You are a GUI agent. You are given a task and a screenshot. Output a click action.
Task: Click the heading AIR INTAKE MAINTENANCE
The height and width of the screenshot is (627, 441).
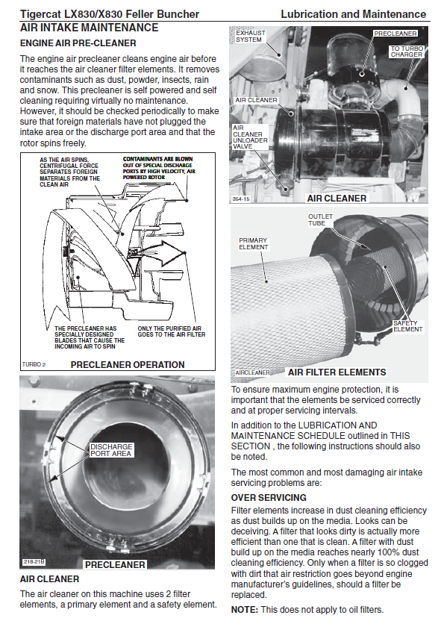[x=89, y=28]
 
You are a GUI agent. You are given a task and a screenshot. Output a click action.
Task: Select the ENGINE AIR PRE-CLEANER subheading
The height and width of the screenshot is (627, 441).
[x=78, y=43]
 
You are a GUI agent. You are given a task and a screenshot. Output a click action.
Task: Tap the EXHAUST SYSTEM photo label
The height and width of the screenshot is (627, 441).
[x=250, y=36]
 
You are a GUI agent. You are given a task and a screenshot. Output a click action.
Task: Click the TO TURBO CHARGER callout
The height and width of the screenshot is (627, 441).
[x=407, y=52]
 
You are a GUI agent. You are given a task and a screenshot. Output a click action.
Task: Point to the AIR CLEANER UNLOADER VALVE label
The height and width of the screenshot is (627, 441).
[x=250, y=137]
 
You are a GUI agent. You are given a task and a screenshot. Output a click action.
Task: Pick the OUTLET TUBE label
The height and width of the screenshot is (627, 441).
[x=320, y=220]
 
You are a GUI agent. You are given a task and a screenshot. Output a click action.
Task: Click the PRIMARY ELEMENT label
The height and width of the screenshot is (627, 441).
[x=254, y=244]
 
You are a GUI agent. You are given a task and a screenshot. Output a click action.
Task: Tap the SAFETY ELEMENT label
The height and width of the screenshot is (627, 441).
[x=407, y=326]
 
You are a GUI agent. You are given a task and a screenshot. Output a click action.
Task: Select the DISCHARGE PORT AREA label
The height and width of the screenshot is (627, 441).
[x=111, y=450]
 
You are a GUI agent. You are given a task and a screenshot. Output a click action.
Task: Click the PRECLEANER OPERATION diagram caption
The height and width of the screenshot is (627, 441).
[x=128, y=365]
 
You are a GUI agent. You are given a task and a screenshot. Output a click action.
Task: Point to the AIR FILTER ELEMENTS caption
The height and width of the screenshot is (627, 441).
[x=337, y=372]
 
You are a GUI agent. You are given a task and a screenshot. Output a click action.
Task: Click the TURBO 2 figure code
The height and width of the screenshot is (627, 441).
[x=34, y=364]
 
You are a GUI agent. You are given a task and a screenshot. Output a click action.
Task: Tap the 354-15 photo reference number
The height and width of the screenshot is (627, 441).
[x=241, y=199]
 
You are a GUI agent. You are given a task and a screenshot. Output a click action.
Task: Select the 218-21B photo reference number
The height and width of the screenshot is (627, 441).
[x=34, y=562]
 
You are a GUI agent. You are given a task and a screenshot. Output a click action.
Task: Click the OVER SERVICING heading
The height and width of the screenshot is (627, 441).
[x=269, y=498]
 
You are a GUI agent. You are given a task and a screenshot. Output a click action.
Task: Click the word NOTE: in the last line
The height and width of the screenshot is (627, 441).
[x=245, y=610]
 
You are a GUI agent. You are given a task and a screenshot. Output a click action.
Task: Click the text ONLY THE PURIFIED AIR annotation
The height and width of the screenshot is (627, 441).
[x=169, y=328]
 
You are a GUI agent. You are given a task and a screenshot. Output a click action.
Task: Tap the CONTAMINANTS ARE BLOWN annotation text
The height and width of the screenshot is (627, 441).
[x=158, y=159]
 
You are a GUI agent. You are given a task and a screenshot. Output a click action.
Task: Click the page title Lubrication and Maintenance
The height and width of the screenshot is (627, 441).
[x=354, y=14]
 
